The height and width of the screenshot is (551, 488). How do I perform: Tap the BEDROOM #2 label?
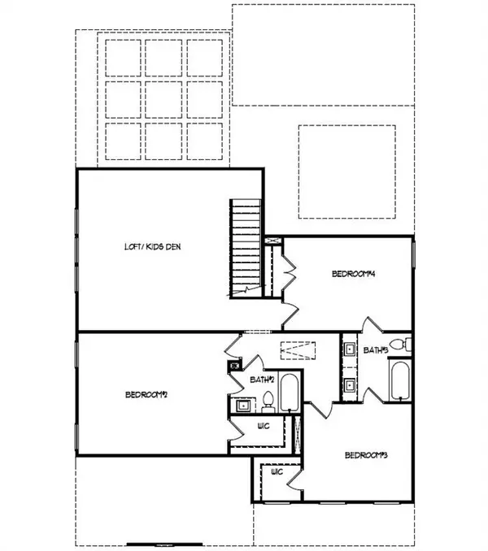(146, 396)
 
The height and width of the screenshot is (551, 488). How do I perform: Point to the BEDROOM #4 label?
(352, 274)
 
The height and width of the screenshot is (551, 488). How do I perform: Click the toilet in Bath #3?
(398, 345)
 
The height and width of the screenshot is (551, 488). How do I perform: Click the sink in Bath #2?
(241, 404)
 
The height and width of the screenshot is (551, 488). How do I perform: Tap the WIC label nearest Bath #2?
(263, 425)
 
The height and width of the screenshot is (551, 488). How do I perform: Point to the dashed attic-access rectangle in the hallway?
(298, 350)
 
